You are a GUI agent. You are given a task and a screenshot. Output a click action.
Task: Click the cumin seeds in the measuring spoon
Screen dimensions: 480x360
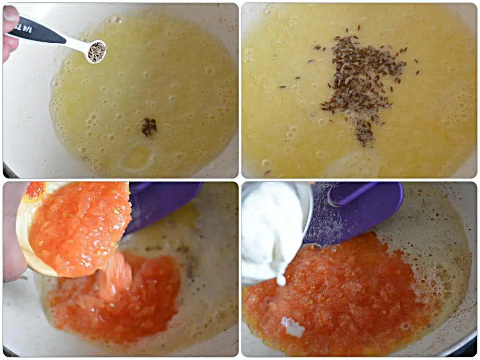pyautogui.click(x=97, y=52)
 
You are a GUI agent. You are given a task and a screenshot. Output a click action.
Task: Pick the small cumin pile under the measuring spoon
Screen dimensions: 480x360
pyautogui.click(x=149, y=127)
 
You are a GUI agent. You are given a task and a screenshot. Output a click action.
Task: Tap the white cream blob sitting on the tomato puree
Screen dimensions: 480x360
pyautogui.click(x=293, y=326)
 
